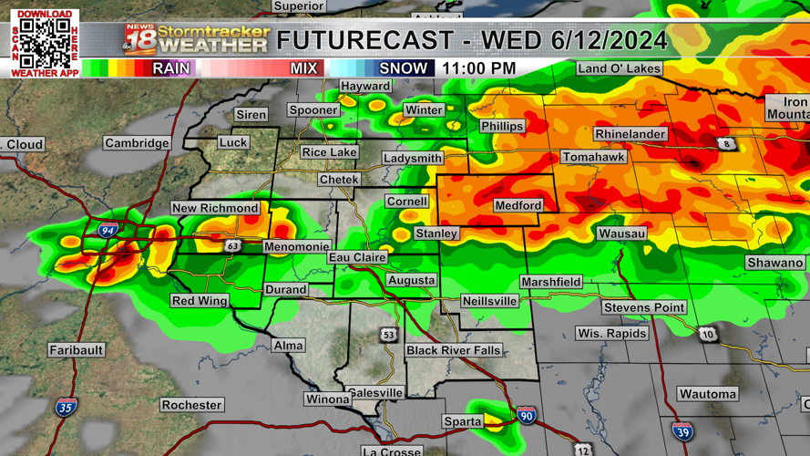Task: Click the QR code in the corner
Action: [x=45, y=42]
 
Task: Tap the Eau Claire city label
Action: [x=357, y=258]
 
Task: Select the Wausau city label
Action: [x=621, y=234]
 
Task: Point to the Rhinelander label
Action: [x=631, y=134]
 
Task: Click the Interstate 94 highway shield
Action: [x=108, y=232]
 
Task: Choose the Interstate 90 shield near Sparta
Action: [x=527, y=416]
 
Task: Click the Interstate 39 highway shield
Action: [x=682, y=431]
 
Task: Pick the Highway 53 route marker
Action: [x=388, y=336]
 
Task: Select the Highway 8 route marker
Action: [x=725, y=144]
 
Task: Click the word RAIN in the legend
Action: [x=171, y=68]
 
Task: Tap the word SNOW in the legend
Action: [x=403, y=68]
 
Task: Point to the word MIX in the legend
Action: [x=304, y=68]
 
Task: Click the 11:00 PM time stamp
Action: [x=479, y=68]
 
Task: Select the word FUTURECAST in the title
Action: [x=364, y=40]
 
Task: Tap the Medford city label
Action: [x=518, y=206]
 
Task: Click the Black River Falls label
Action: [x=453, y=350]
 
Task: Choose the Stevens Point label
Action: [x=644, y=307]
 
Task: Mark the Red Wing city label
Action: [x=200, y=301]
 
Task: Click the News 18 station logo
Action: [x=139, y=39]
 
